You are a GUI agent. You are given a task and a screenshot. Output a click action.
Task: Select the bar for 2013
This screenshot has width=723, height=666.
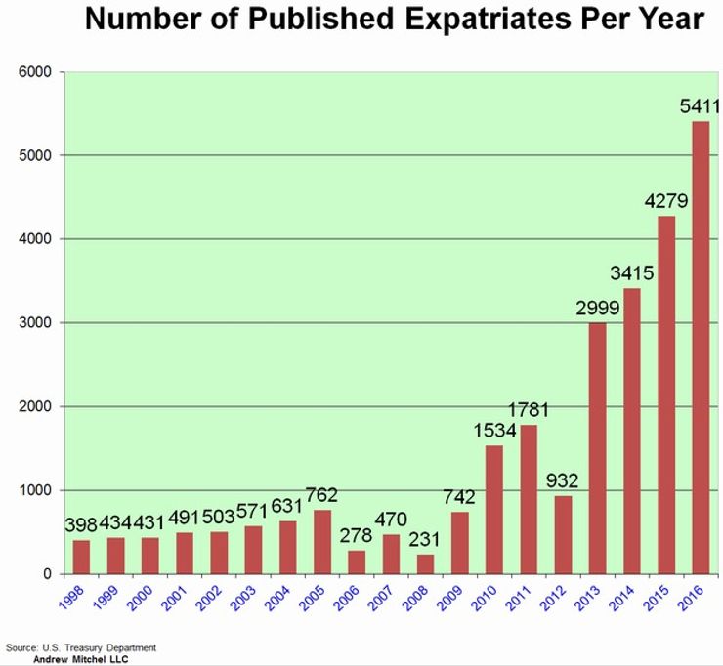[x=598, y=448]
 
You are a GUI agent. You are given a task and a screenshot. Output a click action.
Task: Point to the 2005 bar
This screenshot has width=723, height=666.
[x=322, y=542]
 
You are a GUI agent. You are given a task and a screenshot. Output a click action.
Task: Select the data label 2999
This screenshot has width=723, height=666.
[x=596, y=309]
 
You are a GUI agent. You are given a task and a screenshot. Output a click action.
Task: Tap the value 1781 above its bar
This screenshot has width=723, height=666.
[x=528, y=411]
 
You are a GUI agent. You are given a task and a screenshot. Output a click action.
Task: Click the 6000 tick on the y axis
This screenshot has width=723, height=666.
[x=38, y=72]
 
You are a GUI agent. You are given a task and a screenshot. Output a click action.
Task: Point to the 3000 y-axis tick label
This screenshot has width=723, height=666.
[x=38, y=323]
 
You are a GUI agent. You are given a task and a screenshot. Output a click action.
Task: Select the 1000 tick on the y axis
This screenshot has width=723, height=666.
[x=38, y=490]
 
